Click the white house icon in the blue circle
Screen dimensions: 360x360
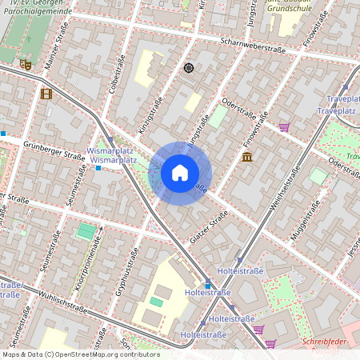(x=180, y=173)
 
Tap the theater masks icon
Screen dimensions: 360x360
(x=25, y=63)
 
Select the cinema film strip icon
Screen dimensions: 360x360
(x=46, y=94)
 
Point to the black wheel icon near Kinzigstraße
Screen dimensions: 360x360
(x=189, y=68)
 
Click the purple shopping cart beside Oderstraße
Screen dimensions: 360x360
(x=284, y=126)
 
